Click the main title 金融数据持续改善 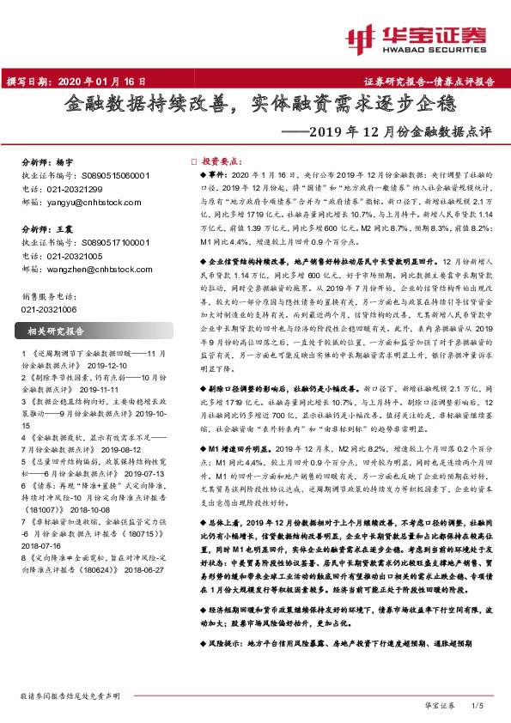tap(147, 107)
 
